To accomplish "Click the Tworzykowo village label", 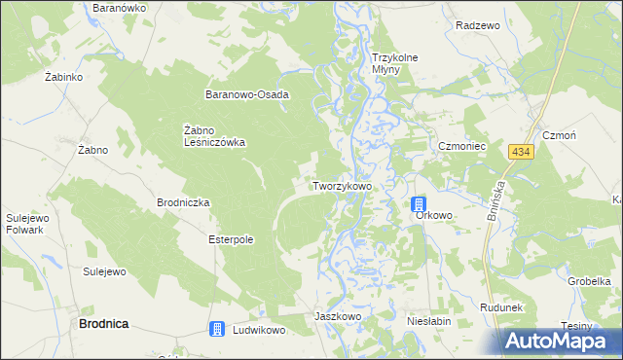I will click(342, 185).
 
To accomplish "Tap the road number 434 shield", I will click(521, 153).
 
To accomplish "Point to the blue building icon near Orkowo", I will click(419, 203).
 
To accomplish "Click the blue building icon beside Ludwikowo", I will click(218, 330).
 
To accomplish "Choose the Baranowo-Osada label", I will click(247, 95).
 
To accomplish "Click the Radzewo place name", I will click(477, 25).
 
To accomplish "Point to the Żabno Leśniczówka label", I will click(214, 135).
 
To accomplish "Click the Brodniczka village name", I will click(183, 202).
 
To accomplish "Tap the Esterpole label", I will click(232, 238).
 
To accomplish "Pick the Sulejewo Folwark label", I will click(27, 225).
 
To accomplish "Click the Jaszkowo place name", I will click(338, 317).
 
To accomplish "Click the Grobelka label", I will click(589, 281).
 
